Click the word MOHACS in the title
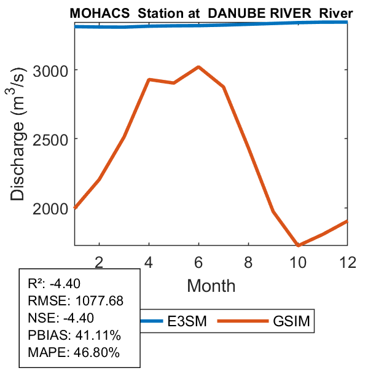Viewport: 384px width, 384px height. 92,14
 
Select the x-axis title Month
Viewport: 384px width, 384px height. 211,285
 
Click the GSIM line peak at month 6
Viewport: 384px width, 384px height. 198,67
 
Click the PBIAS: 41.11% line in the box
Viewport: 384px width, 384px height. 74,335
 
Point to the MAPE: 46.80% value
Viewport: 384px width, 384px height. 74,353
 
